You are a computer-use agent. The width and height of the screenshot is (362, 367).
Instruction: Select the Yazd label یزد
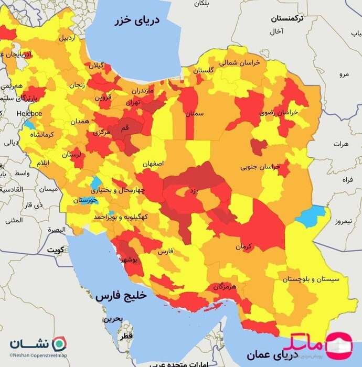click(x=194, y=192)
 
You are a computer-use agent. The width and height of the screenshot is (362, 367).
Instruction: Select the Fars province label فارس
click(x=165, y=252)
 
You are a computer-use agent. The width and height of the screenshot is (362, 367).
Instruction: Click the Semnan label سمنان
click(x=194, y=113)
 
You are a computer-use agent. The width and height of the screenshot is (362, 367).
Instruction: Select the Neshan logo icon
click(x=62, y=343)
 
